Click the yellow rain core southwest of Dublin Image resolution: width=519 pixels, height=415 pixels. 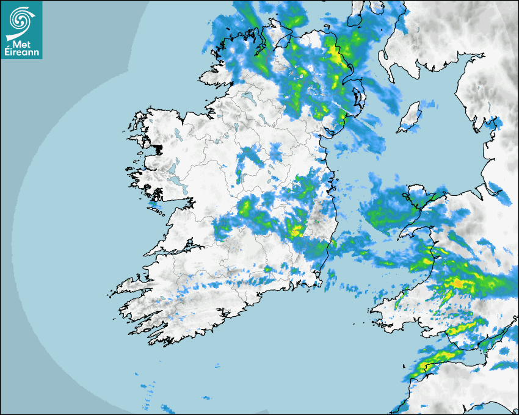pos(297,230)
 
